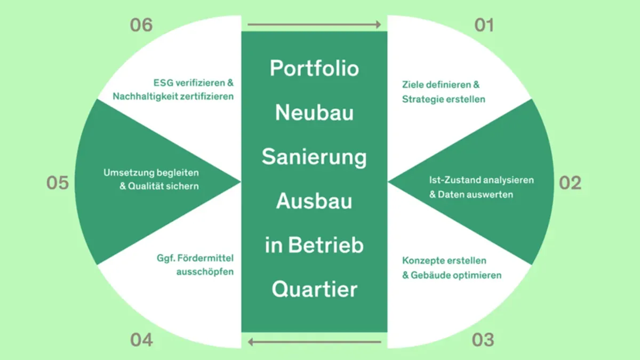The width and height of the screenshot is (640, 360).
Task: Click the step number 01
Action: (x=484, y=25)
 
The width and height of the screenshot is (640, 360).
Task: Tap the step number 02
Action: (x=570, y=183)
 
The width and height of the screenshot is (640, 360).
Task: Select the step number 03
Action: (x=483, y=340)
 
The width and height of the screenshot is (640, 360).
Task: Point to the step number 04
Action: (x=141, y=340)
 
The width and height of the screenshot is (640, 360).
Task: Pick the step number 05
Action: (x=58, y=183)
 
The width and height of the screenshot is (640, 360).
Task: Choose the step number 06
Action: (x=141, y=25)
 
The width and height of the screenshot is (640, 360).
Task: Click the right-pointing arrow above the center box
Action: (x=314, y=25)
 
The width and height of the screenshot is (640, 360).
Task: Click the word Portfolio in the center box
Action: (x=314, y=69)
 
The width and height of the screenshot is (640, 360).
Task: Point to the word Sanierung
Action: (x=314, y=158)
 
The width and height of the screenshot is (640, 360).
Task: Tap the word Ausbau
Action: (x=314, y=202)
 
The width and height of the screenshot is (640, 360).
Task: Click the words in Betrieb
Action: (x=314, y=246)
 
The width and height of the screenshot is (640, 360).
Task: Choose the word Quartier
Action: (x=314, y=290)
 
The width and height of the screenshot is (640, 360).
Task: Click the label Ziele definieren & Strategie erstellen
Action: (x=443, y=92)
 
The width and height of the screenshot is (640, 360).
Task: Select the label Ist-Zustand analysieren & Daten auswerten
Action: (x=481, y=187)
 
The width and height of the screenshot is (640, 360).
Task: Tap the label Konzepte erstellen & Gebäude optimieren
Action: (x=451, y=268)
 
